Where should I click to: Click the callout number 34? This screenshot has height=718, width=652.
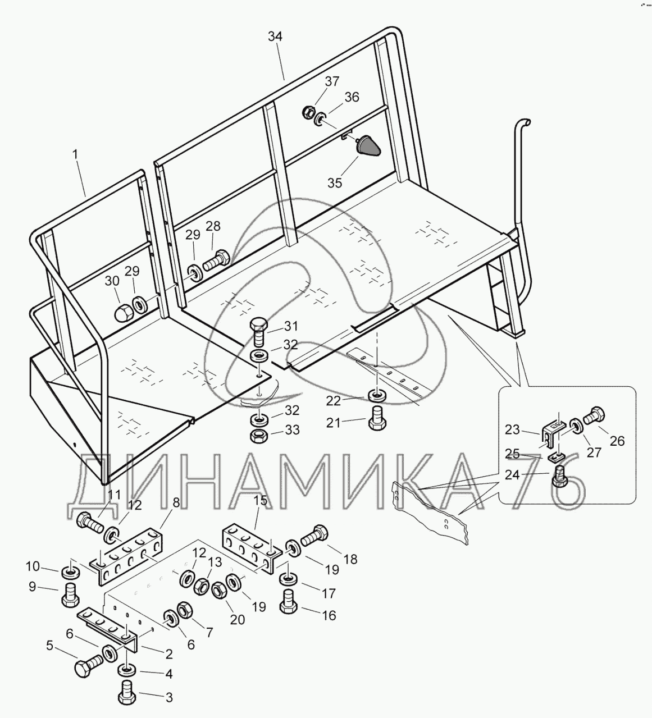click(275, 37)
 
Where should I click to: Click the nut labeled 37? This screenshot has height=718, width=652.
click(309, 112)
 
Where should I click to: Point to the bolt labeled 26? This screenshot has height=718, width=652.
click(593, 418)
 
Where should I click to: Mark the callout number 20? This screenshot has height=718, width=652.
click(237, 620)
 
